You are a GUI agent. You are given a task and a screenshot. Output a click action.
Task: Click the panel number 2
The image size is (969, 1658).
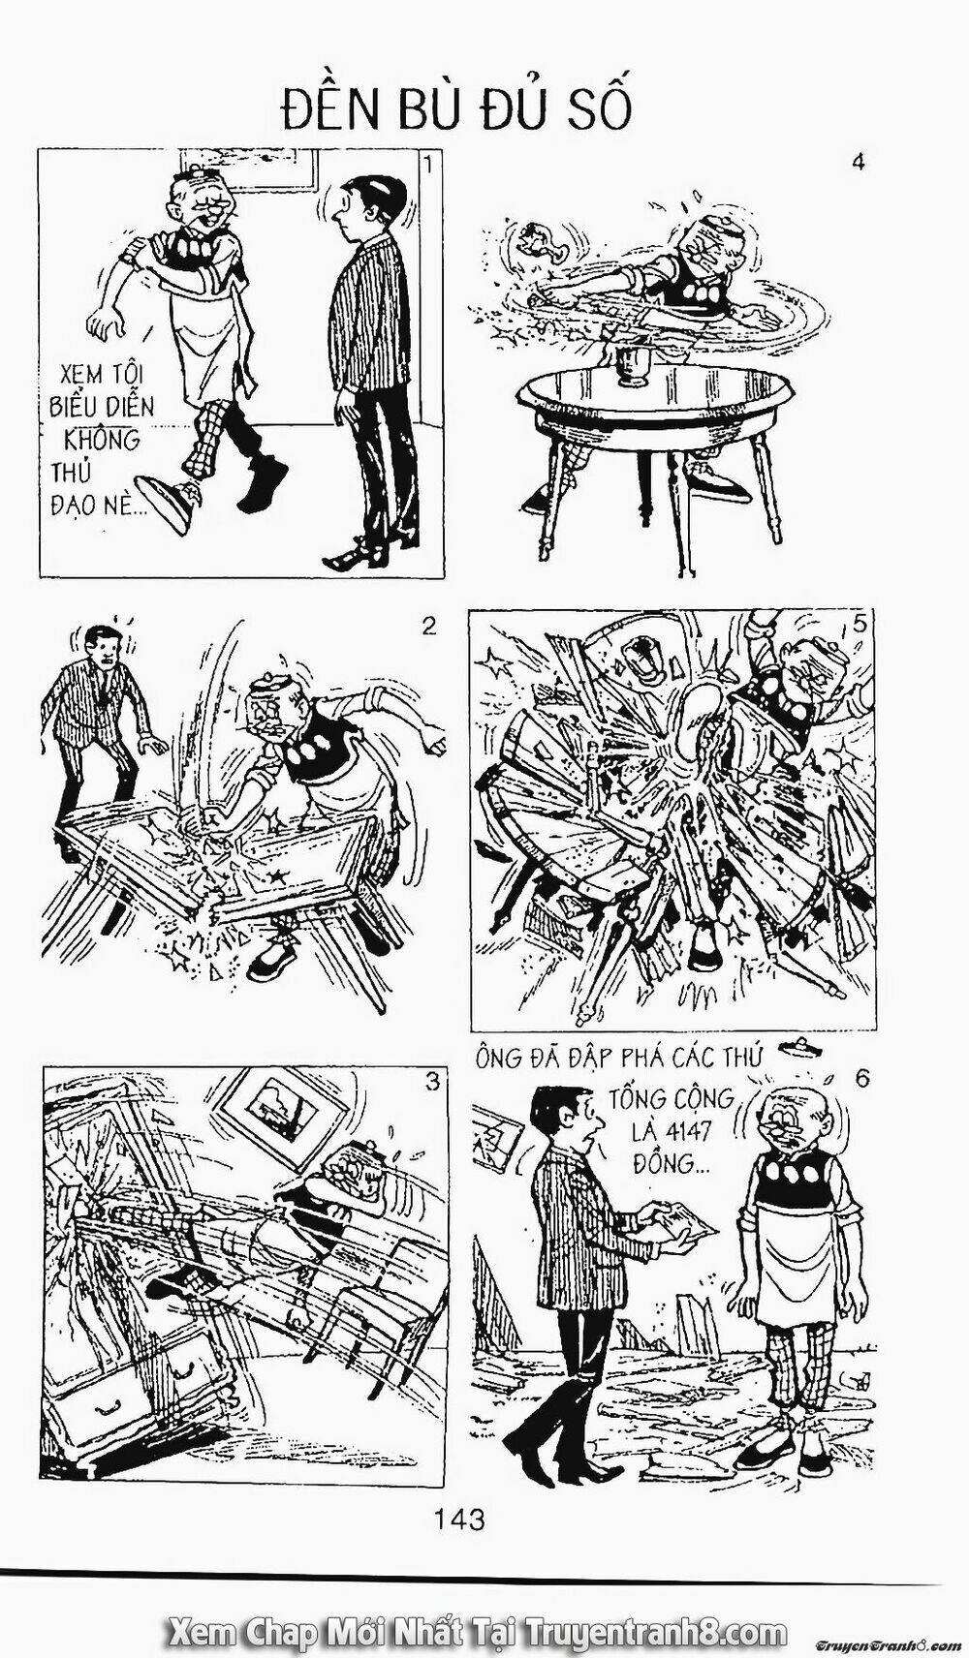pyautogui.click(x=428, y=628)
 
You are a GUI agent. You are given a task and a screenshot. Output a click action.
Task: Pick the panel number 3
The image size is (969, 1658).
pyautogui.click(x=432, y=1082)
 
